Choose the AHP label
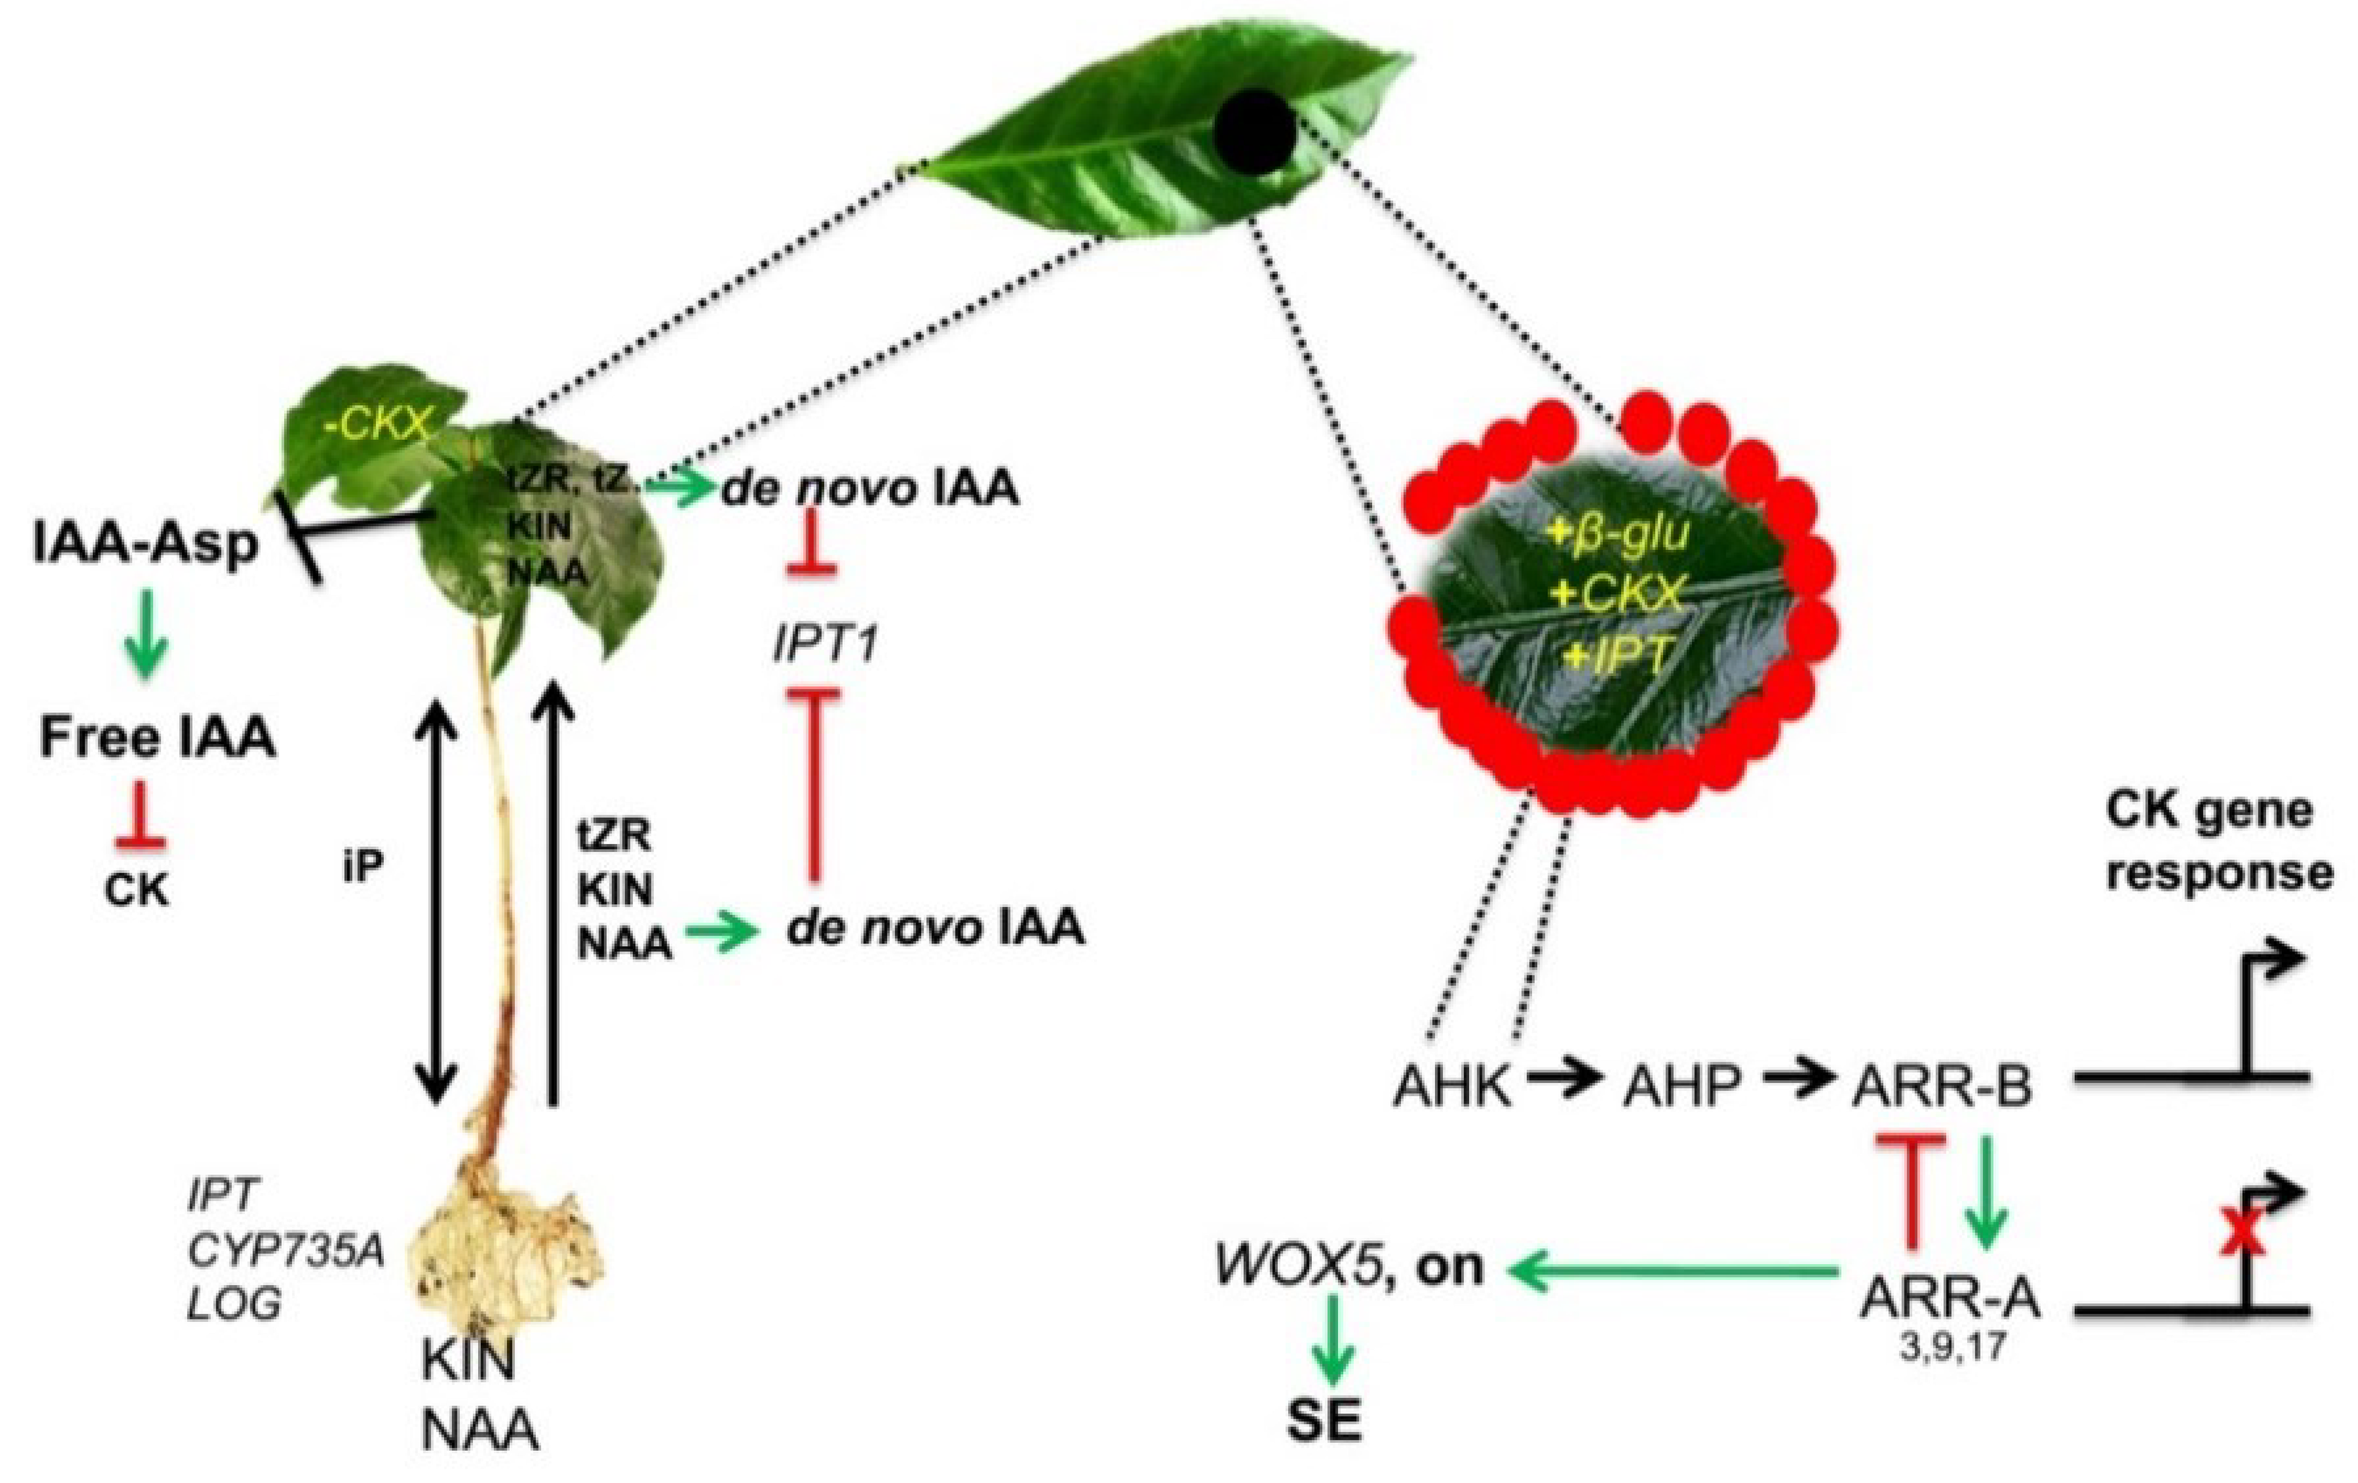pyautogui.click(x=1681, y=1086)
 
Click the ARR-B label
pyautogui.click(x=1942, y=1086)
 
